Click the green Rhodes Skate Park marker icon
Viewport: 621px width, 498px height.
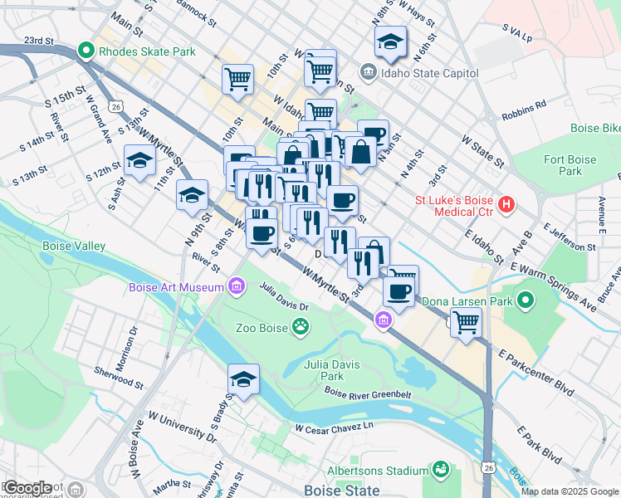tap(86, 51)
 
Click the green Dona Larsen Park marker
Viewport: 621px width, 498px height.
tap(525, 300)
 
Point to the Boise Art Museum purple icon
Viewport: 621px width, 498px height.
tap(237, 287)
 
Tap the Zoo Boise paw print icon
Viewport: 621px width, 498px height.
tap(300, 328)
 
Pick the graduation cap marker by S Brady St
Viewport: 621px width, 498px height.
tap(243, 379)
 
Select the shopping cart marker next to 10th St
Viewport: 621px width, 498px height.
tap(237, 80)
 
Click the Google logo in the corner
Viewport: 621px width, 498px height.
tap(28, 487)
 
